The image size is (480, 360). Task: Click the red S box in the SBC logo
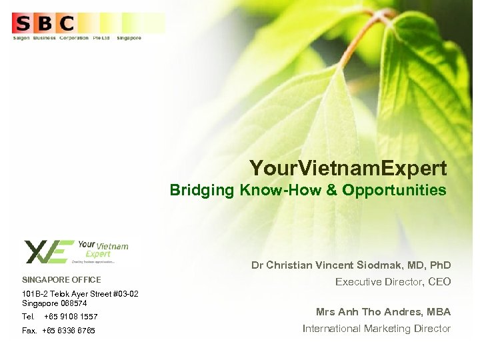[x=23, y=24]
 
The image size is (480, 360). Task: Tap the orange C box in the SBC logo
[x=65, y=24]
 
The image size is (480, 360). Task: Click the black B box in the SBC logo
[x=44, y=24]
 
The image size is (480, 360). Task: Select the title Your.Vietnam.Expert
[x=348, y=167]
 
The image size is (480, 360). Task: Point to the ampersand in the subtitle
[x=331, y=190]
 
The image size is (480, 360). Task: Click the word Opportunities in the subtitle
[x=394, y=190]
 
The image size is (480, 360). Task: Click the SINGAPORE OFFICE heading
[x=61, y=280]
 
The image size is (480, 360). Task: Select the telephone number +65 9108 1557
[x=71, y=317]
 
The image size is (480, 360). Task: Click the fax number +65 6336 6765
[x=69, y=331]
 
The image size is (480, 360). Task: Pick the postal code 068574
[x=73, y=303]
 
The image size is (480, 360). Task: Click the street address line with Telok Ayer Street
[x=80, y=294]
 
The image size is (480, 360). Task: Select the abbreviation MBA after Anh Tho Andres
[x=439, y=311]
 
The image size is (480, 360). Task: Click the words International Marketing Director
[x=377, y=329]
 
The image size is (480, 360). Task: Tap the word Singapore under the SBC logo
[x=129, y=38]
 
